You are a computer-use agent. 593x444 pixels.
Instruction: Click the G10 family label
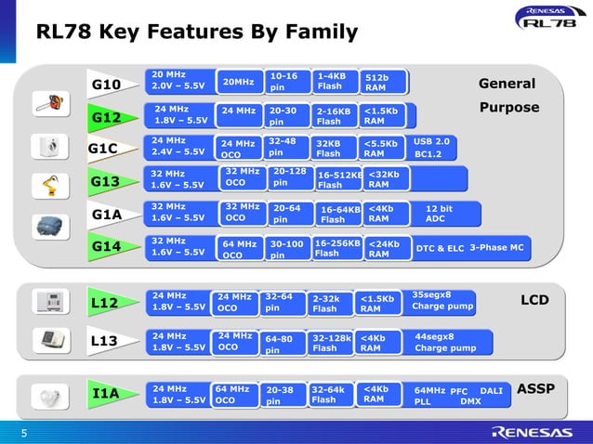107,85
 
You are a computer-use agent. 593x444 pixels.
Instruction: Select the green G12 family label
107,118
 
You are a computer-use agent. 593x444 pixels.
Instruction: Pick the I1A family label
107,395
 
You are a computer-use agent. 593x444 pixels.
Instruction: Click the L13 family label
105,342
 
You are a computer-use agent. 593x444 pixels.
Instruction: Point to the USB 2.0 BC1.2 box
432,147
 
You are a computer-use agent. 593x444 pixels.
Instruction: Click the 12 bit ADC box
441,214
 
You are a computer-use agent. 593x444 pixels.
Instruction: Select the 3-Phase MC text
496,247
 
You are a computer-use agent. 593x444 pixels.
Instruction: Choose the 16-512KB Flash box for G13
338,179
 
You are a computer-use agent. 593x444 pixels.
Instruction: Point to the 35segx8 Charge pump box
442,301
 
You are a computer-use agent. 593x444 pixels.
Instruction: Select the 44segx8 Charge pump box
444,343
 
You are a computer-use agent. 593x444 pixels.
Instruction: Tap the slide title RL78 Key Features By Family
196,33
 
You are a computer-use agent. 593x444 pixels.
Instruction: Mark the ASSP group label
534,387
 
